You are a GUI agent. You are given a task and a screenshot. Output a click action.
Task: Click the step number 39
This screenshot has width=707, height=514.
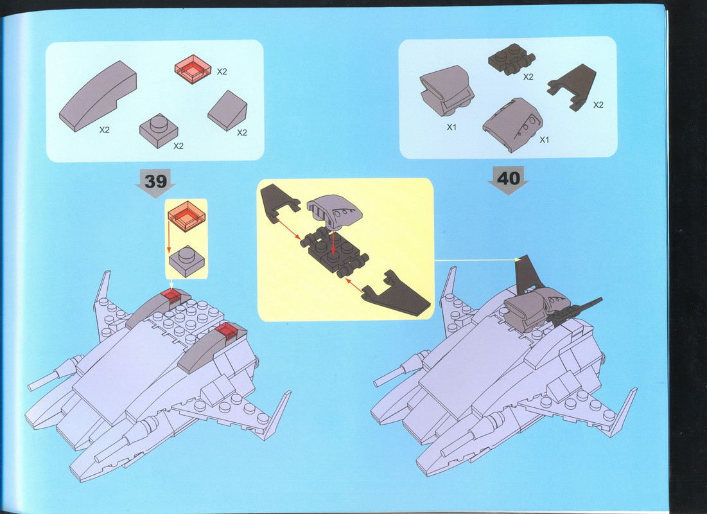(x=155, y=181)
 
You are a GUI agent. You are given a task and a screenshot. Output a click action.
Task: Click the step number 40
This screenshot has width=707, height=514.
(x=508, y=179)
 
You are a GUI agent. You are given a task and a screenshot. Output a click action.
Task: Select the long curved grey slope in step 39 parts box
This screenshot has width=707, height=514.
(x=98, y=96)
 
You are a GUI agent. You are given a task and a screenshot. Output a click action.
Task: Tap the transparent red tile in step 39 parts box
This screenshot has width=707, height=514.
(x=193, y=69)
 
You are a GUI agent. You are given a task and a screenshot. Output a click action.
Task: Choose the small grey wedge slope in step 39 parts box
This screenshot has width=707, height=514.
(x=228, y=110)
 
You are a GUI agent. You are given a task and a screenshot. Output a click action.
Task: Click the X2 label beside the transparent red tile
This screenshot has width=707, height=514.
(x=222, y=71)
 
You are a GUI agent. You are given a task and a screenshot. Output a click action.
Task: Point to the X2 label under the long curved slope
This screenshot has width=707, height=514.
(x=104, y=130)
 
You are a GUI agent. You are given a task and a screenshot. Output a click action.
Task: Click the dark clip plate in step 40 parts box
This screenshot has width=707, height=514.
(x=511, y=58)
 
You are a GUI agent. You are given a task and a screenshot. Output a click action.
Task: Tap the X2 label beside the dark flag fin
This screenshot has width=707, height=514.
(x=598, y=105)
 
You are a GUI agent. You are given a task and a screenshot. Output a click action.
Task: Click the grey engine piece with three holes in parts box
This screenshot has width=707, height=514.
(x=512, y=124)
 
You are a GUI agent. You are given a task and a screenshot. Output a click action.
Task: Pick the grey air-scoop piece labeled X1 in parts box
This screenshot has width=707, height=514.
(x=447, y=90)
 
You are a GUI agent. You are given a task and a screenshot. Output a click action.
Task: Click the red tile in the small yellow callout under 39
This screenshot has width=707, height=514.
(x=187, y=216)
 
